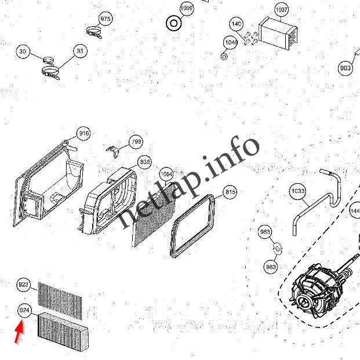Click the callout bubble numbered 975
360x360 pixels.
pyautogui.click(x=105, y=19)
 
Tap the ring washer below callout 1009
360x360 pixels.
pyautogui.click(x=172, y=24)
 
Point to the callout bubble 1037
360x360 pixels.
pyautogui.click(x=281, y=10)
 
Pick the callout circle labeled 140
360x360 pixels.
pyautogui.click(x=236, y=24)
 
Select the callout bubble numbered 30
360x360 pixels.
pyautogui.click(x=23, y=52)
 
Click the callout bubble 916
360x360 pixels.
pyautogui.click(x=84, y=134)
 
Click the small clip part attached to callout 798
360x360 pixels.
pyautogui.click(x=116, y=150)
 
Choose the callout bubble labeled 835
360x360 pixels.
pyautogui.click(x=144, y=161)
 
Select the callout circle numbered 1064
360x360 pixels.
pyautogui.click(x=166, y=173)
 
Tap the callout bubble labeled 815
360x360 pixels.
pyautogui.click(x=230, y=192)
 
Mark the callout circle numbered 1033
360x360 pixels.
pyautogui.click(x=297, y=190)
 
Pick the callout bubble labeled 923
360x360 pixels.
pyautogui.click(x=23, y=285)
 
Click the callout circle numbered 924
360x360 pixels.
pyautogui.click(x=24, y=310)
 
